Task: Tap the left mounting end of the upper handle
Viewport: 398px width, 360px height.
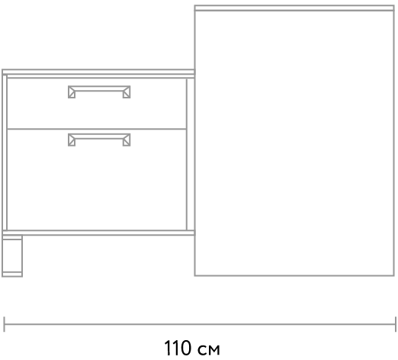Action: pyautogui.click(x=72, y=92)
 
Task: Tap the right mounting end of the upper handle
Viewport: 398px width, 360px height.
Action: pyautogui.click(x=127, y=92)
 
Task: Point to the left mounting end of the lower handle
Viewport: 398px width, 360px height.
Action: pyautogui.click(x=72, y=140)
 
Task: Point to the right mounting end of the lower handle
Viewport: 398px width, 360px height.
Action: pyautogui.click(x=127, y=140)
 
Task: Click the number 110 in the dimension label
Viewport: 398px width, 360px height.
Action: pyautogui.click(x=178, y=348)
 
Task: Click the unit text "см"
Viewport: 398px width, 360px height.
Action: pyautogui.click(x=208, y=350)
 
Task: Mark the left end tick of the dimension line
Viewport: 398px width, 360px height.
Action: pyautogui.click(x=4, y=324)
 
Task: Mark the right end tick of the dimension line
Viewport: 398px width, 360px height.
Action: pyautogui.click(x=396, y=324)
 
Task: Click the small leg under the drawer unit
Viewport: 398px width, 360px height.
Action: pyautogui.click(x=12, y=256)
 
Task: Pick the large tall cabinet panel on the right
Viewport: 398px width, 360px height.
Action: pyautogui.click(x=294, y=143)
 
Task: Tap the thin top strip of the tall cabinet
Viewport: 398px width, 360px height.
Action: pyautogui.click(x=294, y=8)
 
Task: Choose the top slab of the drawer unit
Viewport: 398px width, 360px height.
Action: pyautogui.click(x=98, y=72)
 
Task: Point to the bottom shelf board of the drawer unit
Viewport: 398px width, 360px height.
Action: pyautogui.click(x=98, y=233)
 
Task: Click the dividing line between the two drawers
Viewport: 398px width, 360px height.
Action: pyautogui.click(x=97, y=129)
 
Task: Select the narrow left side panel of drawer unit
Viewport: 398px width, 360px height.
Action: pyautogui.click(x=5, y=153)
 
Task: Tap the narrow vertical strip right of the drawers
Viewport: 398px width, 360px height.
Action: pyautogui.click(x=191, y=154)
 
